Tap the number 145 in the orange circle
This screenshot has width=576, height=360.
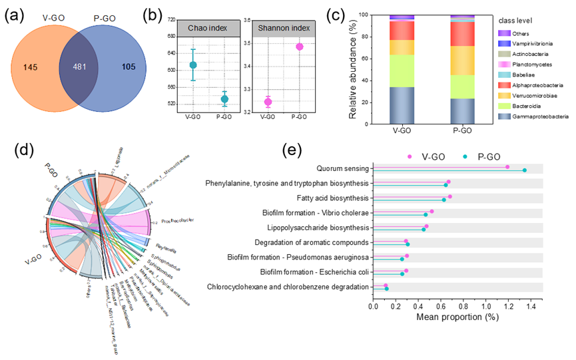[x=29, y=67]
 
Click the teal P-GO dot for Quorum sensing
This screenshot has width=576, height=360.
[x=525, y=170]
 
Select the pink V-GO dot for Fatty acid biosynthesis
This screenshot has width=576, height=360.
[x=450, y=196]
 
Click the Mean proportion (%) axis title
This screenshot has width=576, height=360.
[x=457, y=317]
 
